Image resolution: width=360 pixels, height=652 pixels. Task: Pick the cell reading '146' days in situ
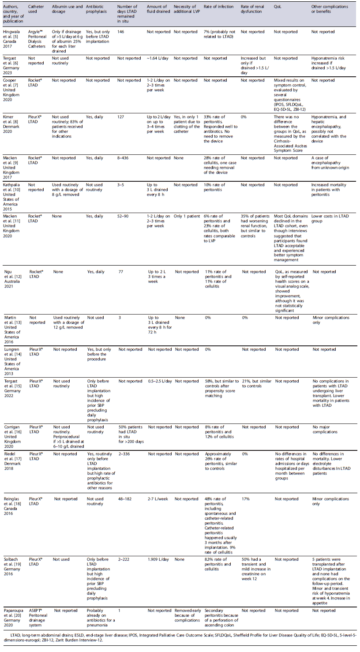point(122,32)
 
